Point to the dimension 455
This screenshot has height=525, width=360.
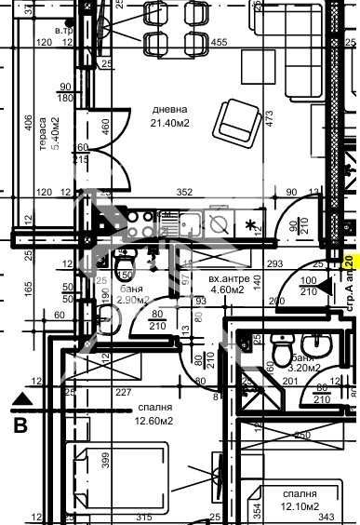point(220,43)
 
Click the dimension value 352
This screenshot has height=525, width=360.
point(184,193)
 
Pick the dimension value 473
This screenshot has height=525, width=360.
point(269,119)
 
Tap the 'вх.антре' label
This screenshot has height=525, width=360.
point(227,278)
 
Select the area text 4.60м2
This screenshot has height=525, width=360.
point(227,290)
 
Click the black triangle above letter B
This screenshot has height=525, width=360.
point(22,398)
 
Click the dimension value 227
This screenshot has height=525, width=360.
point(124,393)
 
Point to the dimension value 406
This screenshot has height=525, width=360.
point(29,122)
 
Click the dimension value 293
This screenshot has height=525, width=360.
point(274,264)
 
